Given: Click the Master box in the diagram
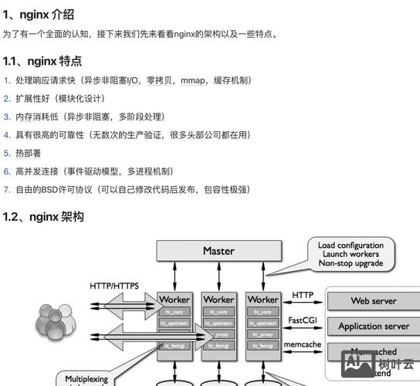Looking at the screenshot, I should click(x=218, y=251).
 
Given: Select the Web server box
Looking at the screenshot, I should click(x=374, y=301).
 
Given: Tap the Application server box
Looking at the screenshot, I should click(x=374, y=326).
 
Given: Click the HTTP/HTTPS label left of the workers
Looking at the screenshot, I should click(x=114, y=286).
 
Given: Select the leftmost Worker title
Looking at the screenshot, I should click(x=174, y=299).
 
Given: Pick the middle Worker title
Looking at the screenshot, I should click(x=218, y=299).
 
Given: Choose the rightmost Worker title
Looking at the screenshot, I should click(x=262, y=299).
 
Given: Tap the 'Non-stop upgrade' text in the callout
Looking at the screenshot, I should click(x=350, y=264).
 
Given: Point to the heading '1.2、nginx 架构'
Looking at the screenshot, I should click(x=42, y=217).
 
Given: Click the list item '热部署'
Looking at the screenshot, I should click(x=29, y=153).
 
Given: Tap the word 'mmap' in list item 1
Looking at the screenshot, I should click(x=193, y=80).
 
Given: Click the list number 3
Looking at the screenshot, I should click(x=6, y=117).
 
